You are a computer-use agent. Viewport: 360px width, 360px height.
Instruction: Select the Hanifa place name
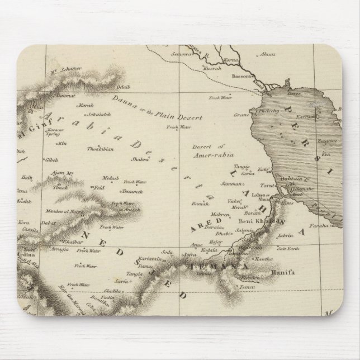(x=282, y=273)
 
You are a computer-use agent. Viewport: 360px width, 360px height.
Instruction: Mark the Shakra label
(x=140, y=159)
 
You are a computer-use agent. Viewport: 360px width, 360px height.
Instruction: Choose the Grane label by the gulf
(x=240, y=116)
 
